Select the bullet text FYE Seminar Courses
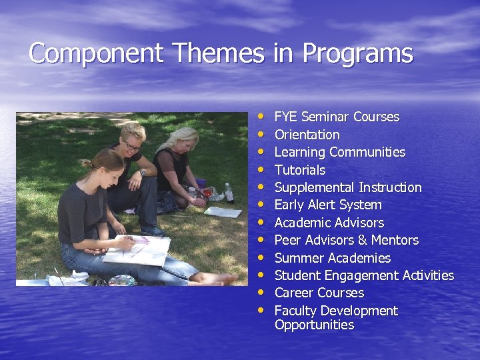click(x=337, y=117)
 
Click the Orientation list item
click(x=307, y=135)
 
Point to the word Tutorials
click(x=300, y=170)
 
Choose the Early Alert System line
click(x=328, y=205)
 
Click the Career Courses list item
click(x=319, y=293)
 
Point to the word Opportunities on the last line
click(x=314, y=325)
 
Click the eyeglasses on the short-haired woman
click(x=131, y=144)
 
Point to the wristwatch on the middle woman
click(x=142, y=172)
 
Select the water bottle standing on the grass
click(x=229, y=193)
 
